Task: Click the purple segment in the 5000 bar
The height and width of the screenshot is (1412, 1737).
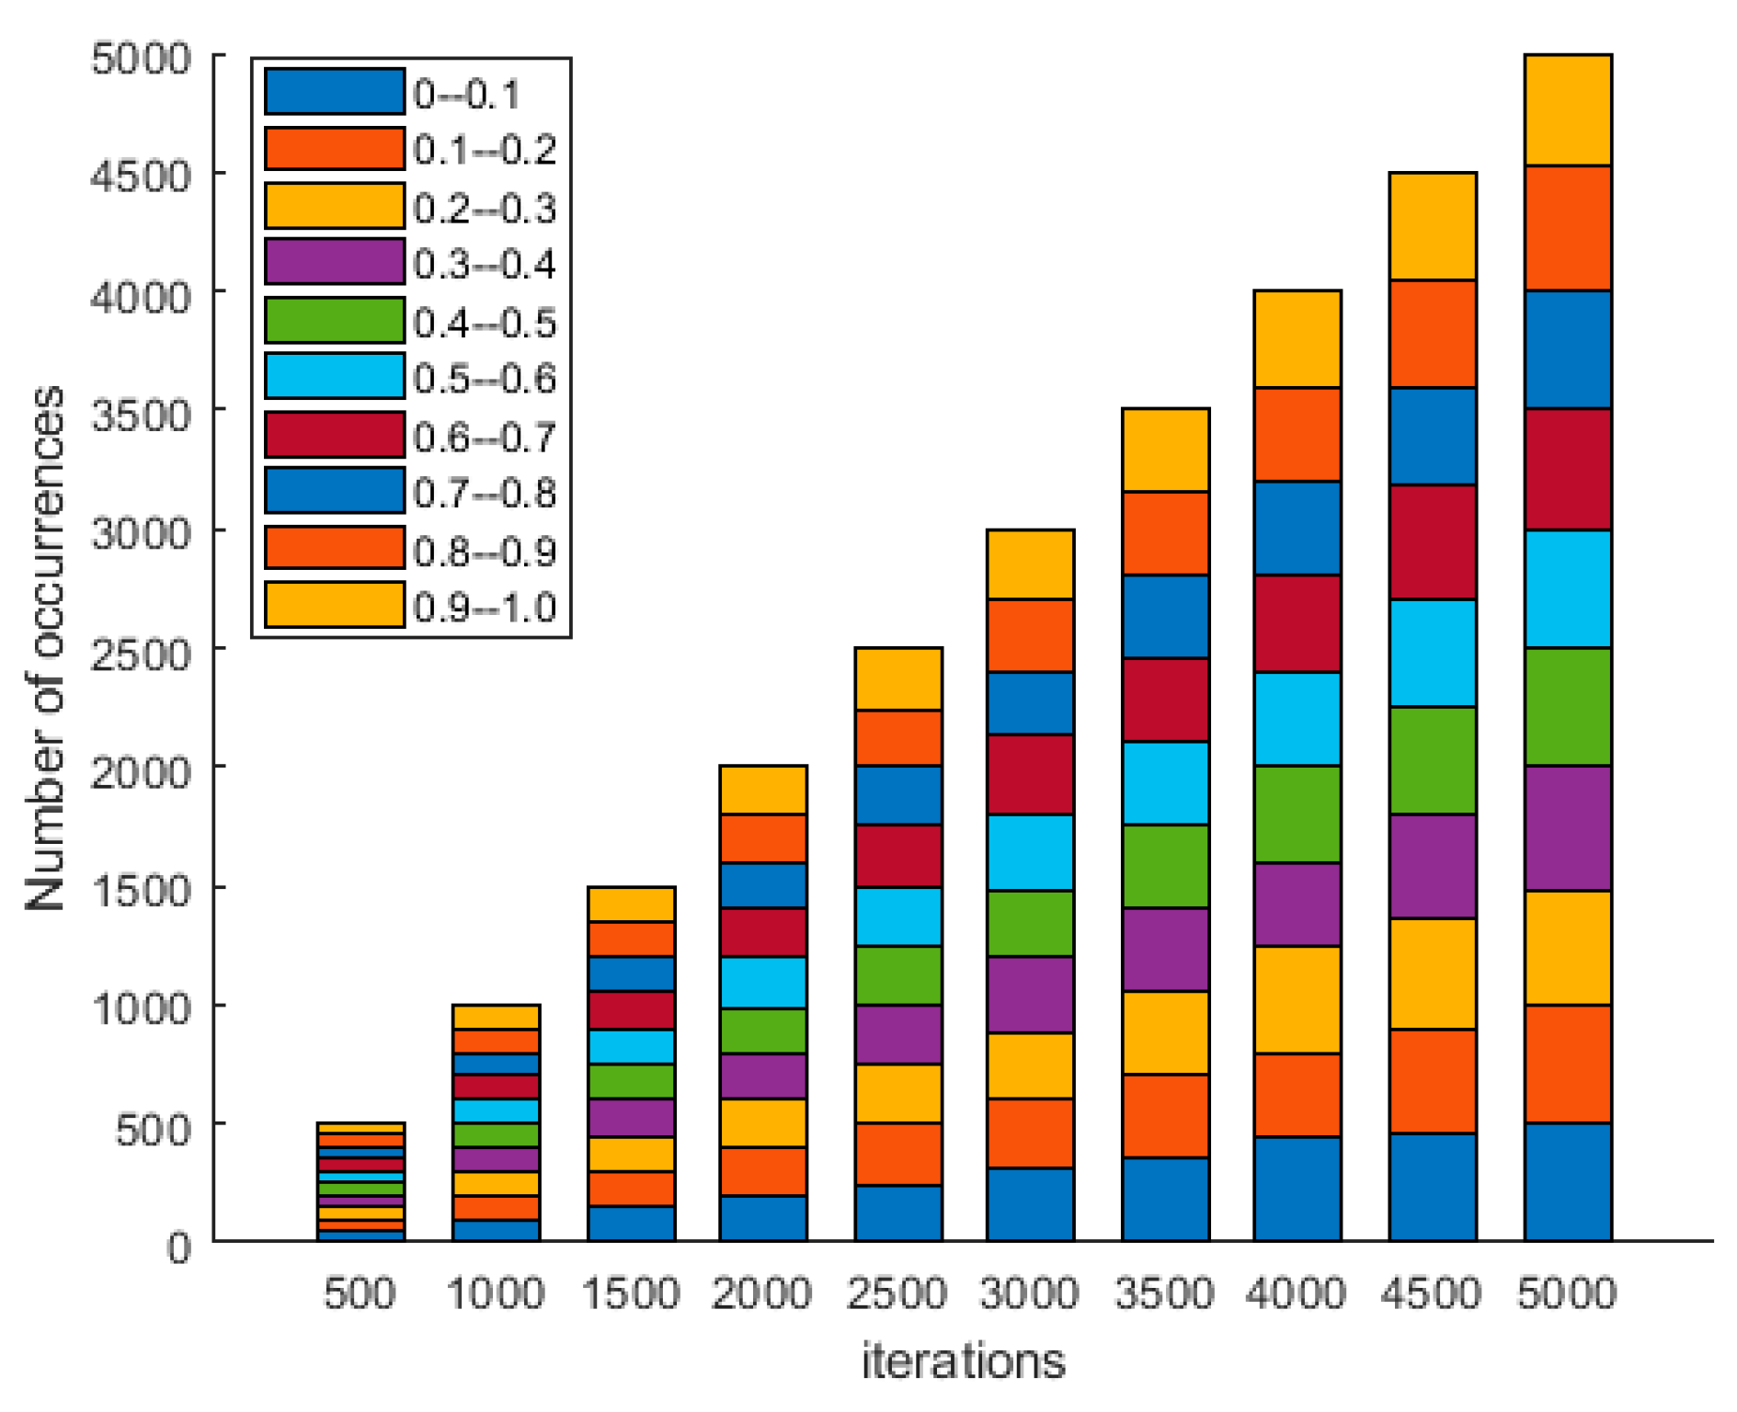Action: pos(1567,827)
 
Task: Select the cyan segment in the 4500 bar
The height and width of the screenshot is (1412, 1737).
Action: pos(1432,653)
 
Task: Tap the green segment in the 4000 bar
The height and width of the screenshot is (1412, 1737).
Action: pos(1297,814)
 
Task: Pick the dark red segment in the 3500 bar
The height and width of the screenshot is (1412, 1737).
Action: pos(1165,700)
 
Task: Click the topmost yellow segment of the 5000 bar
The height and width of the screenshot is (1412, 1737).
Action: pos(1567,110)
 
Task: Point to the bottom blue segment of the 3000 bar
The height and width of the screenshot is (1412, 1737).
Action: pos(1030,1203)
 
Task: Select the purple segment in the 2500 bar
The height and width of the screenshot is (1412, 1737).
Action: pos(897,1034)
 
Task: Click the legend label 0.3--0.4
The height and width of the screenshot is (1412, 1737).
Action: pos(485,264)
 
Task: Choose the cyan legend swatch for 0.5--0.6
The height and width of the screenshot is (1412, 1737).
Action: pos(335,375)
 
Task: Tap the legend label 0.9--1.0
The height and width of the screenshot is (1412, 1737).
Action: pos(485,607)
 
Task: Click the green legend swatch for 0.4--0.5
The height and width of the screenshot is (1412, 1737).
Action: pos(335,320)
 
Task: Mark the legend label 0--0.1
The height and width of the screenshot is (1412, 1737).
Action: pos(466,94)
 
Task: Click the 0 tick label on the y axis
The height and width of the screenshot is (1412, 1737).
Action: pos(179,1247)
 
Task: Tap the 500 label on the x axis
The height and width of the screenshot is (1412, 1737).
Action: pos(360,1293)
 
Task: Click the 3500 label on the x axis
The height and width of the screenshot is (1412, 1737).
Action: pos(1164,1293)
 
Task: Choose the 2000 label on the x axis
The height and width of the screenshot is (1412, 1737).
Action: pos(761,1293)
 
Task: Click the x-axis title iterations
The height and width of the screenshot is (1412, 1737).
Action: pos(963,1361)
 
